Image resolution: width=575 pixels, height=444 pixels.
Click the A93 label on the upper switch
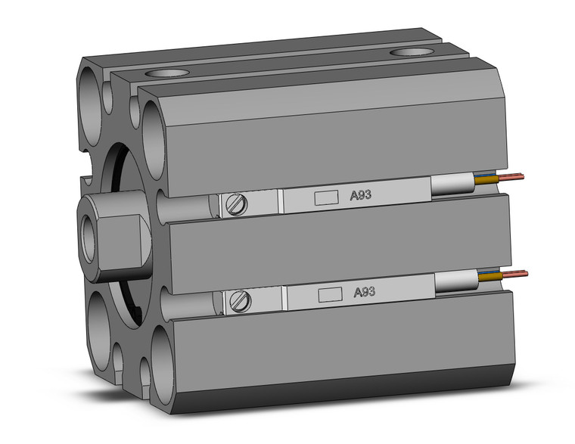359,195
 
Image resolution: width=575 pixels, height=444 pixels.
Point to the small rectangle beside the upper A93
325,197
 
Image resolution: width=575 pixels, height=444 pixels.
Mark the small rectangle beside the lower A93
329,293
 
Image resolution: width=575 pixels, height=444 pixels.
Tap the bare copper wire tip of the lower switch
516,273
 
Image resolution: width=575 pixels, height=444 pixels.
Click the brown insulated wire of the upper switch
489,181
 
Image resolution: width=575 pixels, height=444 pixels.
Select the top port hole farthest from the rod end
412,53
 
